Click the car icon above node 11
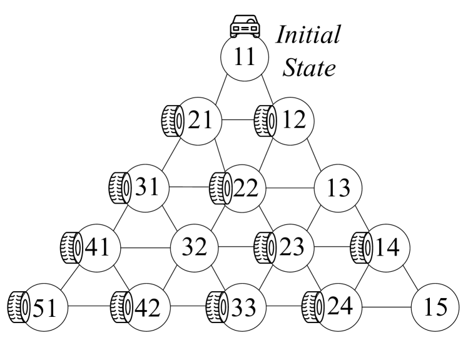click(245, 26)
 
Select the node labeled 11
click(245, 57)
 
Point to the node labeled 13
click(338, 187)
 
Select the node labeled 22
click(244, 187)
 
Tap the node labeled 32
click(195, 248)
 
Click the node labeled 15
click(435, 307)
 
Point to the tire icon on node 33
click(216, 307)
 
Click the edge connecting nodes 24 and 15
click(387, 307)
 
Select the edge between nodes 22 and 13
click(290, 187)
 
